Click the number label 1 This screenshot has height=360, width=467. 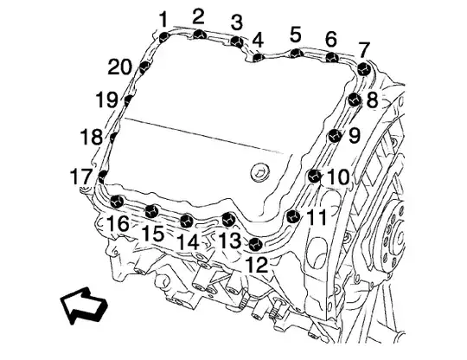click(163, 20)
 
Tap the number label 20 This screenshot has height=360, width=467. click(119, 67)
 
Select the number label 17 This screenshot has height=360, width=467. click(81, 177)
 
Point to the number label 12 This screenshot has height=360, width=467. click(257, 265)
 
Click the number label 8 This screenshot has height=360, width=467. click(372, 100)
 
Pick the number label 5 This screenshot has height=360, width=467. click(296, 35)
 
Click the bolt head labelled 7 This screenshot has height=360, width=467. click(364, 70)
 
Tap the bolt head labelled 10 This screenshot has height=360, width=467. click(314, 176)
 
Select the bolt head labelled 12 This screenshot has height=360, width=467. click(255, 244)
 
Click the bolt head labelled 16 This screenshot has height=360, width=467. click(117, 202)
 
